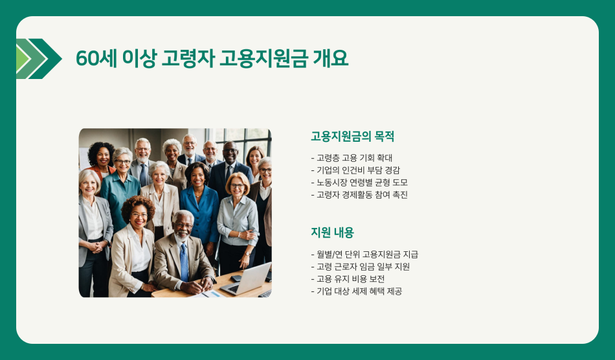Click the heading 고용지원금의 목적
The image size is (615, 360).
[x=352, y=137]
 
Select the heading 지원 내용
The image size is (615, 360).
[x=332, y=232]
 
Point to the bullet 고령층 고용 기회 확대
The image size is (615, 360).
[x=352, y=157]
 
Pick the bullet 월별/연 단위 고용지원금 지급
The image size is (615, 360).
[x=364, y=254]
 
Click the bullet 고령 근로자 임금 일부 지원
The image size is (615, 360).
[x=361, y=267]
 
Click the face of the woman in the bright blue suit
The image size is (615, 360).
[x=197, y=175]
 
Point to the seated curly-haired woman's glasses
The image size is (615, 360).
[x=139, y=215]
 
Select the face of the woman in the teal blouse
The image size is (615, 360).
[x=123, y=162]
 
